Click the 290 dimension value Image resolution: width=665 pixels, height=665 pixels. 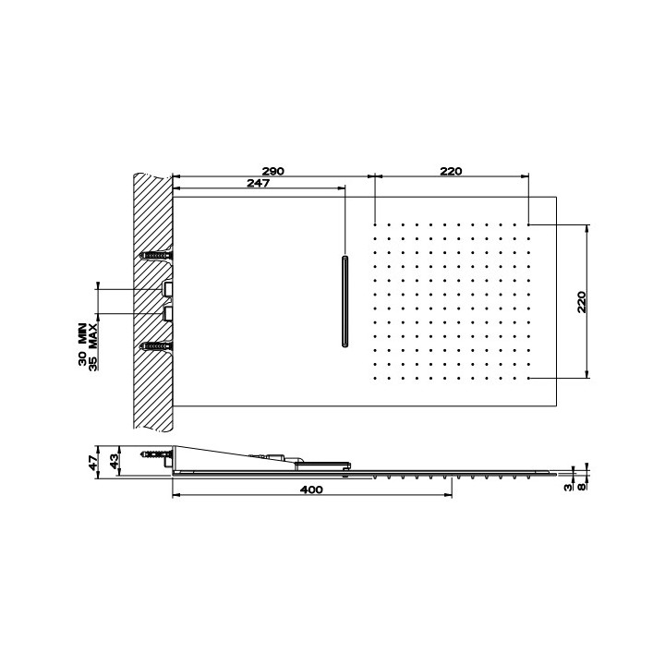pos(272,171)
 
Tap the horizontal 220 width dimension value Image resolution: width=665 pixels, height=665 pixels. pos(450,171)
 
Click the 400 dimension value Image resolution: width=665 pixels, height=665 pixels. pos(311,490)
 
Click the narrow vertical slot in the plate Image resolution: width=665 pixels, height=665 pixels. pos(345,301)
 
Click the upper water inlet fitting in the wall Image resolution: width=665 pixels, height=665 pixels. pos(169,289)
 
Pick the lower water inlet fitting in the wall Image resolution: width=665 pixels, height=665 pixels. pos(169,314)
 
